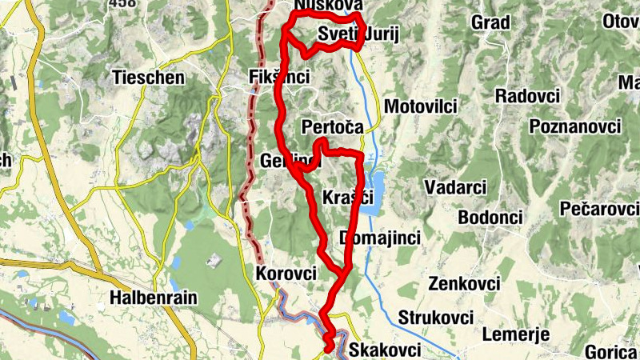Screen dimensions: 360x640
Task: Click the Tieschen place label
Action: pos(150,78)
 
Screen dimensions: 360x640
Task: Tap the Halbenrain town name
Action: pos(154,298)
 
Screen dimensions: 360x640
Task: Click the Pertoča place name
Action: pos(333,127)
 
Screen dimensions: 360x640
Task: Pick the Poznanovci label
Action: pos(575,127)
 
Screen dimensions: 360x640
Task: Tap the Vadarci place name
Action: pos(455,186)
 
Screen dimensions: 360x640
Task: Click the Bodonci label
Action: pos(490,218)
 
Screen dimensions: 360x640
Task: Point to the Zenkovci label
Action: pos(464,284)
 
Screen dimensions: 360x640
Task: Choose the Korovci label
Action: pos(286,273)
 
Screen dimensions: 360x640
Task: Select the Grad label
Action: pos(490,22)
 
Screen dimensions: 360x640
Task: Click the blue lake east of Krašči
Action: pos(374,192)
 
